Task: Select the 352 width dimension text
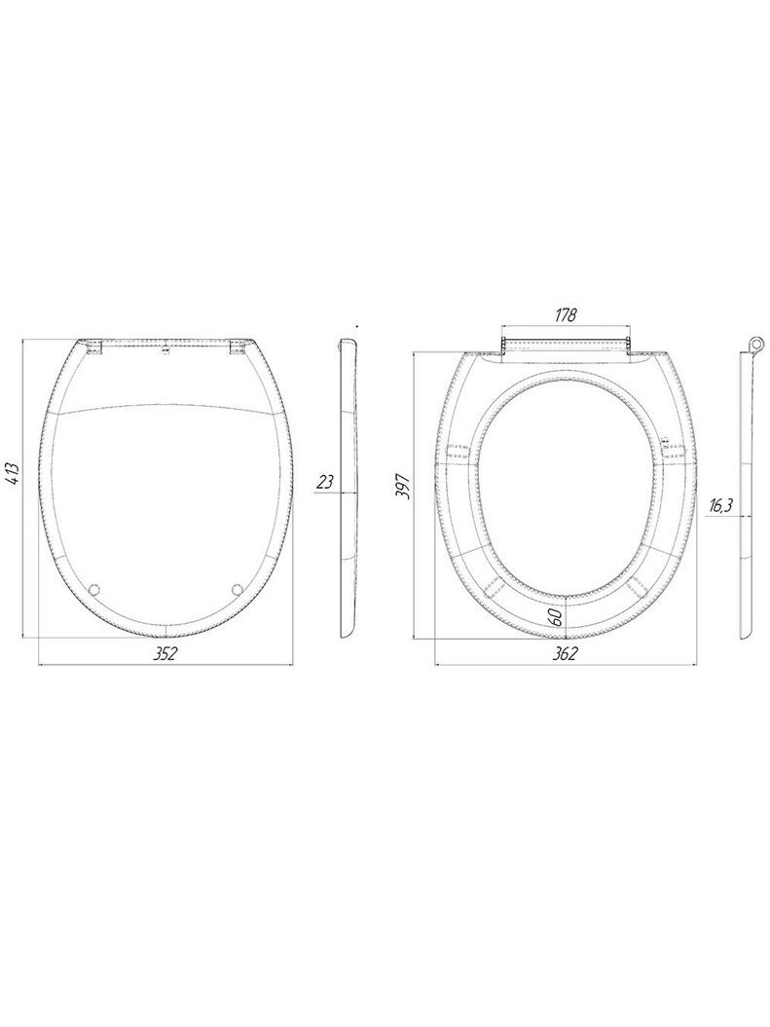(x=165, y=653)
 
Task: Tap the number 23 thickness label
(x=325, y=483)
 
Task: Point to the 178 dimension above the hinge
(x=565, y=315)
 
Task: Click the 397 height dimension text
(x=405, y=487)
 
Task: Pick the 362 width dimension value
(x=565, y=653)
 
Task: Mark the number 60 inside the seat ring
(x=556, y=616)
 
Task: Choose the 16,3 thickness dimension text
(x=721, y=505)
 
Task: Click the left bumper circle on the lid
(x=95, y=589)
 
